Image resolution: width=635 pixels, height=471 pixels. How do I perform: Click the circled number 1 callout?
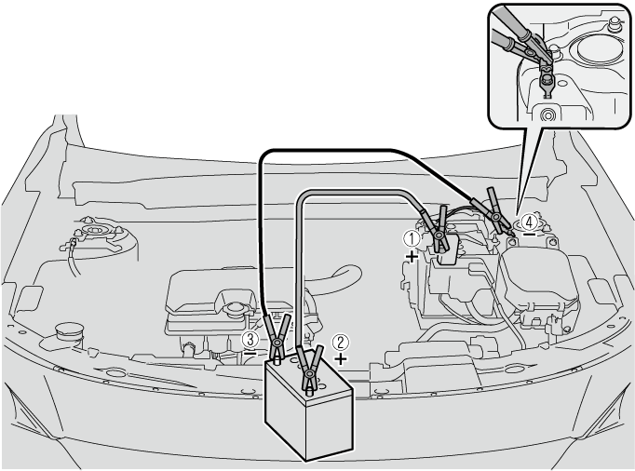(412, 239)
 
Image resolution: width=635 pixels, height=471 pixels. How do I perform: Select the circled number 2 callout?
(340, 343)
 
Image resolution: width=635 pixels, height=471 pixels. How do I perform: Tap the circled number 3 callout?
(250, 340)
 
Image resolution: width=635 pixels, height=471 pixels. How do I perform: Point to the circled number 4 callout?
(529, 222)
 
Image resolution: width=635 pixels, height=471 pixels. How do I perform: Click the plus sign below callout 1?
(412, 256)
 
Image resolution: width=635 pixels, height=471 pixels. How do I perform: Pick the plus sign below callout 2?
(342, 358)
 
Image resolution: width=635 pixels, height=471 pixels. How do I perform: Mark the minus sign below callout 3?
(250, 353)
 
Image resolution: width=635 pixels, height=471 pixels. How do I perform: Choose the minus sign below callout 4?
(529, 235)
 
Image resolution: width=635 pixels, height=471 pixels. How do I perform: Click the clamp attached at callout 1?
(439, 232)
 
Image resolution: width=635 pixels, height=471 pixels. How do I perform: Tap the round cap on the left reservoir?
(69, 330)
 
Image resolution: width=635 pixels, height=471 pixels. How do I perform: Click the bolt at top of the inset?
(615, 24)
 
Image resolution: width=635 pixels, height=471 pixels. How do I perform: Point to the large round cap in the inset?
(599, 50)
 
